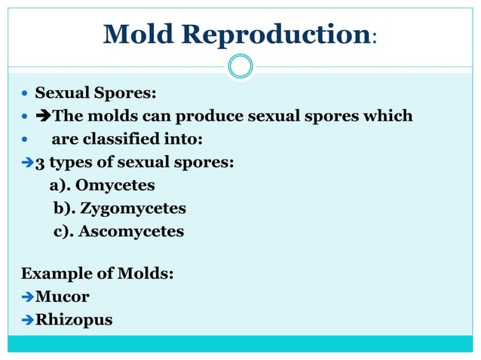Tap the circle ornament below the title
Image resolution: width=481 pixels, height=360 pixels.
coord(240,66)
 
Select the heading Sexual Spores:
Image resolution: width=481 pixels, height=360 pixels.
coord(96,94)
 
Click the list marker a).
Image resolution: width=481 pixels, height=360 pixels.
coord(60,185)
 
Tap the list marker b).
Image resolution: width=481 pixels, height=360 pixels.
coord(65,208)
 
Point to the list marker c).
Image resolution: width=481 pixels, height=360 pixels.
coord(64,231)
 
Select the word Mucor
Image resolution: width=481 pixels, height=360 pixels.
coord(63,297)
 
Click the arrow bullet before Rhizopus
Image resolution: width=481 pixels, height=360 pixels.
coord(28,320)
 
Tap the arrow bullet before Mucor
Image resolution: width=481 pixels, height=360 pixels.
coord(28,297)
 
